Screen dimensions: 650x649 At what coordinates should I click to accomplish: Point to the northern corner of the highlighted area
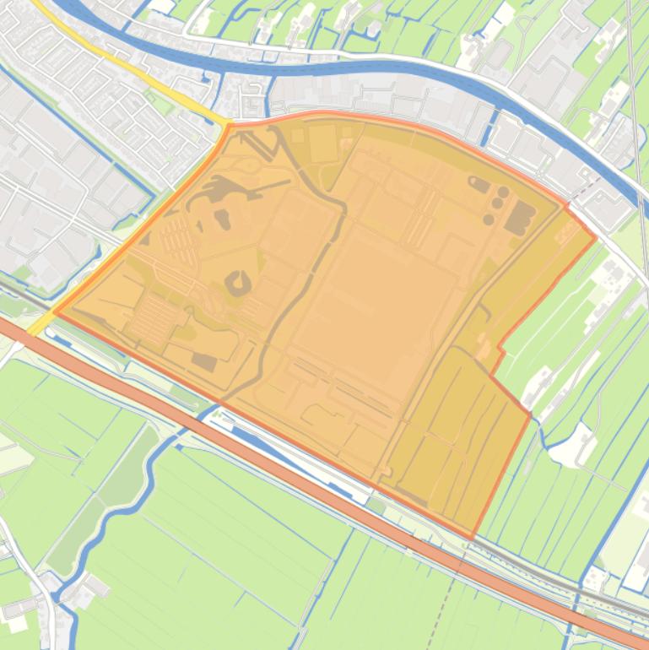[229, 126]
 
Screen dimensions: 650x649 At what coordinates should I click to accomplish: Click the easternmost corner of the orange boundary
[596, 238]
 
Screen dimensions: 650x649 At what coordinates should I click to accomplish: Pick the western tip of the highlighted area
[55, 311]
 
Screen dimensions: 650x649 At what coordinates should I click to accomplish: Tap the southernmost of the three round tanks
[489, 219]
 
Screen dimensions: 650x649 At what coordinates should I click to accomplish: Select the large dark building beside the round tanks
[520, 217]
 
